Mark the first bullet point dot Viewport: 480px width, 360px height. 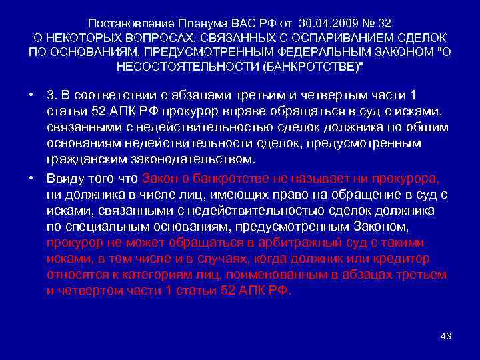pyautogui.click(x=32, y=96)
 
